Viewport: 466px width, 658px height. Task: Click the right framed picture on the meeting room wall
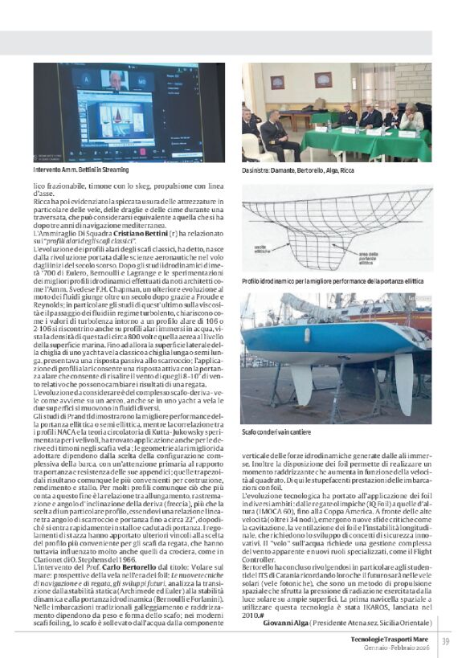pyautogui.click(x=322, y=80)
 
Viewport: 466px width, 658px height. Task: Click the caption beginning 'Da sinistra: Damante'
pyautogui.click(x=297, y=170)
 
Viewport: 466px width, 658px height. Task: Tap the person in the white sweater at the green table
pyautogui.click(x=411, y=118)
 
